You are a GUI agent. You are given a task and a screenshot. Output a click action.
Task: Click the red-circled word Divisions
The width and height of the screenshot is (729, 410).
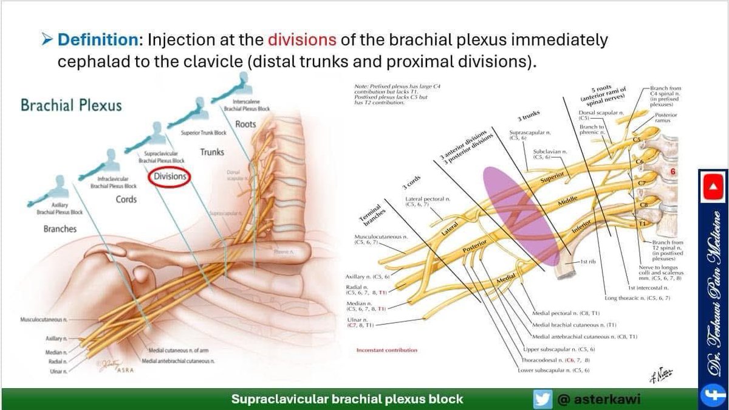pos(170,176)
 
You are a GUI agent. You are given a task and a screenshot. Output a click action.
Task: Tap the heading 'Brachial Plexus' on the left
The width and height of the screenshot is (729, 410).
pos(71,105)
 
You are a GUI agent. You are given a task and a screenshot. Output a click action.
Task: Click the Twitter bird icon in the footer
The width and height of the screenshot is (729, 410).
pos(542,399)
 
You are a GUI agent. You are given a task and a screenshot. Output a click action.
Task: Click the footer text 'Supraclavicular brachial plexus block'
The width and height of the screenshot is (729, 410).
pos(347,399)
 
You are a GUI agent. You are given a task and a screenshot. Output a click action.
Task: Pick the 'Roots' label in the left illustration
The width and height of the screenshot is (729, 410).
pos(245,124)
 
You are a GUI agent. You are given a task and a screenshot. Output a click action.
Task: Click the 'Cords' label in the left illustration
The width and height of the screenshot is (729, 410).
pos(126,200)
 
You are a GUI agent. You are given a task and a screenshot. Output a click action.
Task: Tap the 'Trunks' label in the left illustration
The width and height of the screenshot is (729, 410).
pos(211,152)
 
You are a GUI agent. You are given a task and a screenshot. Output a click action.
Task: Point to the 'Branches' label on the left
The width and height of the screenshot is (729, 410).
pos(61,229)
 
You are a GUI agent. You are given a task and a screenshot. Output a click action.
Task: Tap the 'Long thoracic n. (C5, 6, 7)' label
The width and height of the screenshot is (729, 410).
pos(637,298)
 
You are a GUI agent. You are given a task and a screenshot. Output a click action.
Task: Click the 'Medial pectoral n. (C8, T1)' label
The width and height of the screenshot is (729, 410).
pos(566,313)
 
